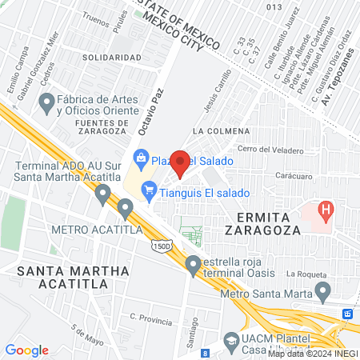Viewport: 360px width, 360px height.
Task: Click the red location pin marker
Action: (x=180, y=163)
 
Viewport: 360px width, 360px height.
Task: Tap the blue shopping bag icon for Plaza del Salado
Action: (x=142, y=157)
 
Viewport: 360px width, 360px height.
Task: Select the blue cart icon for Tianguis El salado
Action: (x=148, y=190)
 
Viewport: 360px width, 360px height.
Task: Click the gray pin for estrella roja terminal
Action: (x=193, y=263)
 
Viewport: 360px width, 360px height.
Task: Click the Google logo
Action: (x=27, y=350)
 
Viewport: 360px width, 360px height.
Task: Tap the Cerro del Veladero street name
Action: (x=270, y=150)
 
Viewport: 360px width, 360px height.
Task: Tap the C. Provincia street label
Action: (x=150, y=322)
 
